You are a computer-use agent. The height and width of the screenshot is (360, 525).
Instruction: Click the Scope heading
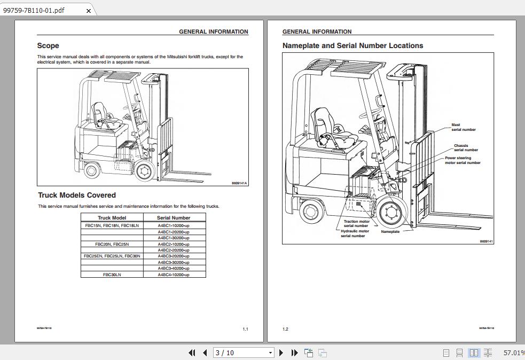click(48, 46)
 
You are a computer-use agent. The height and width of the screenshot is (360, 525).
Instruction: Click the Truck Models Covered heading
click(76, 195)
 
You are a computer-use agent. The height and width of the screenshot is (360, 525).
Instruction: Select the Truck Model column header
click(112, 218)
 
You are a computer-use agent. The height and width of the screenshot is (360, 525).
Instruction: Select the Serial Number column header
click(174, 218)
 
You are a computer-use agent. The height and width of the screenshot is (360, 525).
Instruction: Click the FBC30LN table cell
click(112, 275)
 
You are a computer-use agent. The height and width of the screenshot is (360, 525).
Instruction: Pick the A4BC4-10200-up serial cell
click(174, 275)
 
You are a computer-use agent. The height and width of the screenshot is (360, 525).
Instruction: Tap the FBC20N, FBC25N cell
click(112, 244)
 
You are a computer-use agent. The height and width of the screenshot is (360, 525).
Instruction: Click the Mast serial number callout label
click(463, 127)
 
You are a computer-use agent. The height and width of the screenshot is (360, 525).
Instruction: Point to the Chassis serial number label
click(466, 147)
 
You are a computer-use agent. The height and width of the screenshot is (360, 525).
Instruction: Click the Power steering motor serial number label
click(463, 160)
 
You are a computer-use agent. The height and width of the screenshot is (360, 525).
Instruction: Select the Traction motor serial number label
click(356, 223)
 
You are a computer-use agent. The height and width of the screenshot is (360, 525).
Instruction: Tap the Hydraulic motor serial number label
click(355, 233)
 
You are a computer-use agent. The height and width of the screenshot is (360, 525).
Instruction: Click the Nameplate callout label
click(390, 232)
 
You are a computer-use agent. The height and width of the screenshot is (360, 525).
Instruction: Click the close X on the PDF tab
click(89, 11)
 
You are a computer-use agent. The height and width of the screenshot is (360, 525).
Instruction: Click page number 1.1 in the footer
click(245, 329)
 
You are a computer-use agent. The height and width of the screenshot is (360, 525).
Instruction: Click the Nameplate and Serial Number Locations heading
click(352, 46)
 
